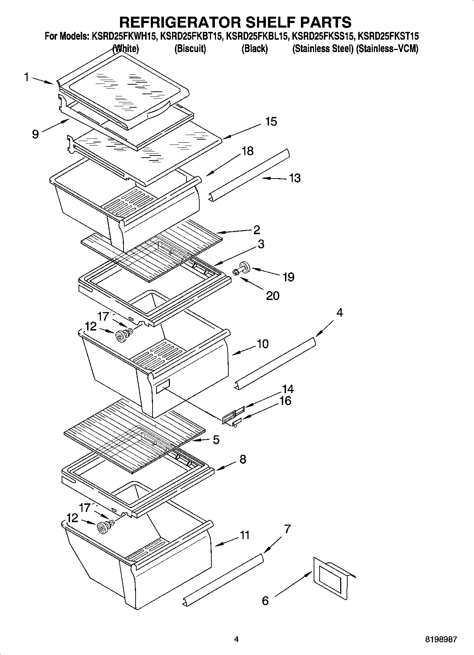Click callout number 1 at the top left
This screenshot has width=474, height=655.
[27, 77]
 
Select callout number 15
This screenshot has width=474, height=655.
[271, 122]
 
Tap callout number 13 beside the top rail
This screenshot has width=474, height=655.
[295, 178]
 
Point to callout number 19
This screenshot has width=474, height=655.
[288, 277]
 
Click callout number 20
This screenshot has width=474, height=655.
[273, 295]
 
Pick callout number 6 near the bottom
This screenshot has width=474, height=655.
[265, 600]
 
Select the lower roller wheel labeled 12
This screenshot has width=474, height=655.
[103, 528]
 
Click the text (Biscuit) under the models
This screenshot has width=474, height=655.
[190, 49]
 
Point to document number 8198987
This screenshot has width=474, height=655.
[441, 639]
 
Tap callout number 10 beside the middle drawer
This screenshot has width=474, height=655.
[262, 344]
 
